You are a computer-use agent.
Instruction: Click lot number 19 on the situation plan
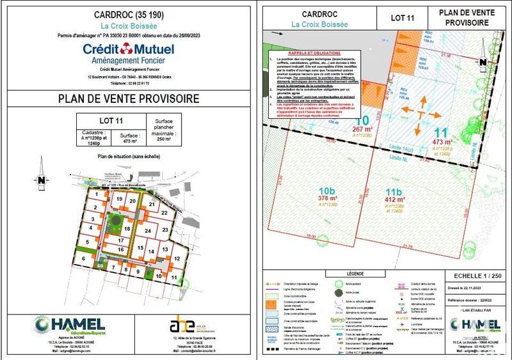tap(118, 200)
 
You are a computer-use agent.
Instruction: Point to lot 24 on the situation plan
tap(148, 231)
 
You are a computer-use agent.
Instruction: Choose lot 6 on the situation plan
tap(83, 258)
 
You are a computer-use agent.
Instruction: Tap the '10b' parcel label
tap(327, 191)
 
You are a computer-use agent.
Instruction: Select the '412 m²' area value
tap(392, 200)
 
